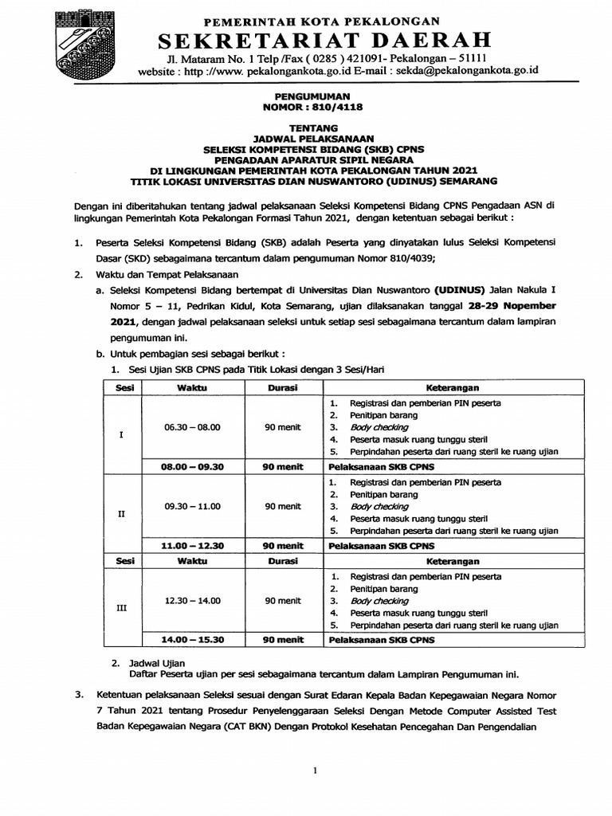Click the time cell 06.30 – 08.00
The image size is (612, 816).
pyautogui.click(x=192, y=427)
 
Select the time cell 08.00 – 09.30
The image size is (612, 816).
pyautogui.click(x=192, y=468)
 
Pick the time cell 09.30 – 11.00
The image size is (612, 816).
pyautogui.click(x=192, y=506)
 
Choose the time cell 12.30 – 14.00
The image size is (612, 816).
pyautogui.click(x=192, y=600)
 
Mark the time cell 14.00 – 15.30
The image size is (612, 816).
pyautogui.click(x=192, y=639)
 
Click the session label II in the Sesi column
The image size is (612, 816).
pyautogui.click(x=121, y=514)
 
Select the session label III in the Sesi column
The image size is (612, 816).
pyautogui.click(x=121, y=608)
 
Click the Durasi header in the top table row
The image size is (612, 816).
pyautogui.click(x=283, y=387)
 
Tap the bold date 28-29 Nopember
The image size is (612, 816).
pyautogui.click(x=512, y=306)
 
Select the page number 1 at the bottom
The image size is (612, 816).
pyautogui.click(x=316, y=771)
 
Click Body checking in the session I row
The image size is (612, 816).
pyautogui.click(x=379, y=427)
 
